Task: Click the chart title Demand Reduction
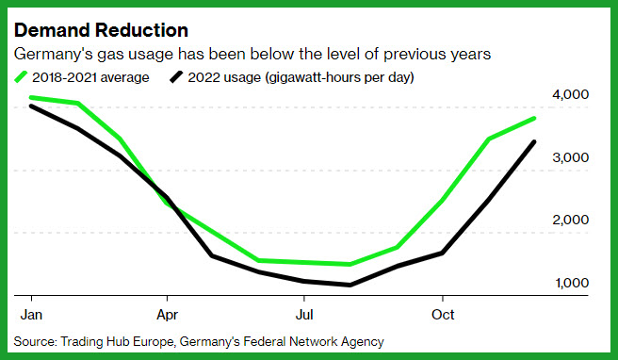pyautogui.click(x=102, y=30)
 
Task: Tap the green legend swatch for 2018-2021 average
pyautogui.click(x=21, y=77)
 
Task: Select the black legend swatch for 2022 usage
pyautogui.click(x=176, y=77)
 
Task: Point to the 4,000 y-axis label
pyautogui.click(x=570, y=94)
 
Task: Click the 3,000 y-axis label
pyautogui.click(x=570, y=157)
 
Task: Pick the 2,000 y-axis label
pyautogui.click(x=570, y=220)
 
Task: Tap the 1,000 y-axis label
pyautogui.click(x=572, y=283)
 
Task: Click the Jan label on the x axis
pyautogui.click(x=31, y=315)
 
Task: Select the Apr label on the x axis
pyautogui.click(x=168, y=315)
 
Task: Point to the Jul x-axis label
pyautogui.click(x=304, y=315)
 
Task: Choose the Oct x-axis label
pyautogui.click(x=443, y=315)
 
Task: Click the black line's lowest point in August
pyautogui.click(x=350, y=285)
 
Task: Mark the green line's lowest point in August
pyautogui.click(x=350, y=264)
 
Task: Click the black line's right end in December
pyautogui.click(x=534, y=141)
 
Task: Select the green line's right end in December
pyautogui.click(x=534, y=118)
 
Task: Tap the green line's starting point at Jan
pyautogui.click(x=31, y=97)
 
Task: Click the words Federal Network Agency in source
pyautogui.click(x=314, y=341)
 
